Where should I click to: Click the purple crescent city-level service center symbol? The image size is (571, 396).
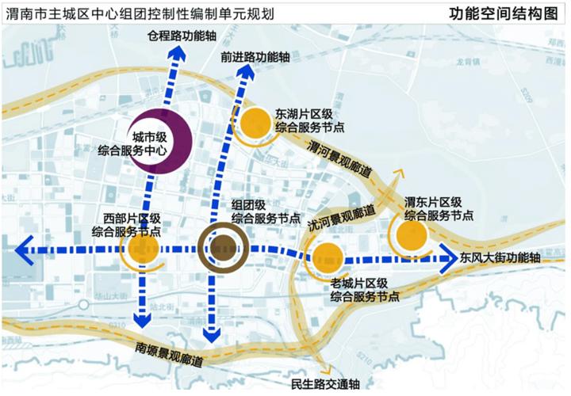pos(159,139)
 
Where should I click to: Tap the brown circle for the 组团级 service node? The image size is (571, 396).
pos(224,247)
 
